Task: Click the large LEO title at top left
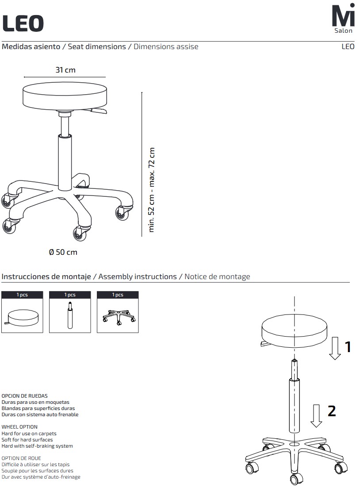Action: click(23, 23)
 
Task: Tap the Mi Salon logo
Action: click(343, 18)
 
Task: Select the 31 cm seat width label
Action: click(65, 70)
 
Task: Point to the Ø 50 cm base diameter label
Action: click(63, 252)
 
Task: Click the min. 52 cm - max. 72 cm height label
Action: click(152, 190)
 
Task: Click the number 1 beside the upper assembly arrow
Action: click(348, 347)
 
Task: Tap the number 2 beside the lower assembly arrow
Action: click(332, 411)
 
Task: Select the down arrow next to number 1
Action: click(335, 348)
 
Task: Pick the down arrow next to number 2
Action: click(316, 416)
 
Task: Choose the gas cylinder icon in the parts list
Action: click(70, 315)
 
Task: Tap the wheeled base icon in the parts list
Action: click(119, 317)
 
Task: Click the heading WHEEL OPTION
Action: click(19, 427)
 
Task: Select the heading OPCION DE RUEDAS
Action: click(24, 396)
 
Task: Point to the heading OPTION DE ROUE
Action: click(21, 458)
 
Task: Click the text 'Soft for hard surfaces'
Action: click(27, 440)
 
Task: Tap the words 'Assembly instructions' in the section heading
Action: click(138, 276)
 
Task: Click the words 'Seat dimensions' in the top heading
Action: click(97, 46)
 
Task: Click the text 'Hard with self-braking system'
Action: click(37, 446)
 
